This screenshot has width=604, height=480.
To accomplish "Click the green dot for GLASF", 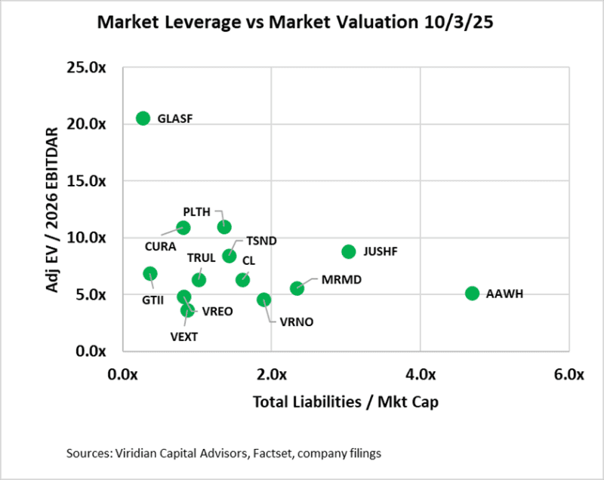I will [x=143, y=118].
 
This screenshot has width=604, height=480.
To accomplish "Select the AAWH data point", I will [x=473, y=293].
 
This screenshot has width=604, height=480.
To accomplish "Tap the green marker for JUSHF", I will [x=348, y=251].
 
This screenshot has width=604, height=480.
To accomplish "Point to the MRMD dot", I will [x=297, y=288].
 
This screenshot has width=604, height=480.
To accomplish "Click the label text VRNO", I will [x=296, y=322].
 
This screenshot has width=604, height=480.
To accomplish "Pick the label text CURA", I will [x=160, y=246].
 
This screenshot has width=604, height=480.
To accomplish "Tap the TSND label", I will [x=261, y=241].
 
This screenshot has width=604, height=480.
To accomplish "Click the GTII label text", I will [x=153, y=300].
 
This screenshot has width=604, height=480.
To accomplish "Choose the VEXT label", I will [x=184, y=337].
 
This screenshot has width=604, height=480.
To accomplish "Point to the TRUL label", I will [x=202, y=258].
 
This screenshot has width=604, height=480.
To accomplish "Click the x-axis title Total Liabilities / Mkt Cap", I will [x=346, y=402].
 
